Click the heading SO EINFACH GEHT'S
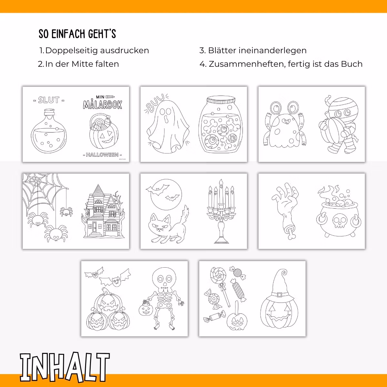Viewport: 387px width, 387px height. (x=77, y=34)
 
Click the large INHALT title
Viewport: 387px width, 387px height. (x=65, y=367)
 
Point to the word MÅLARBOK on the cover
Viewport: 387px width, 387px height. (x=103, y=104)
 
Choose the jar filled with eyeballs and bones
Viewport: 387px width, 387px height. (x=221, y=125)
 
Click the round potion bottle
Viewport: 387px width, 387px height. (x=49, y=133)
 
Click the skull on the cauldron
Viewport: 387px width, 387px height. (x=339, y=221)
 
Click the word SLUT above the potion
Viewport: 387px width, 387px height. (x=49, y=100)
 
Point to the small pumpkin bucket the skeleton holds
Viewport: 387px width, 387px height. (x=146, y=308)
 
